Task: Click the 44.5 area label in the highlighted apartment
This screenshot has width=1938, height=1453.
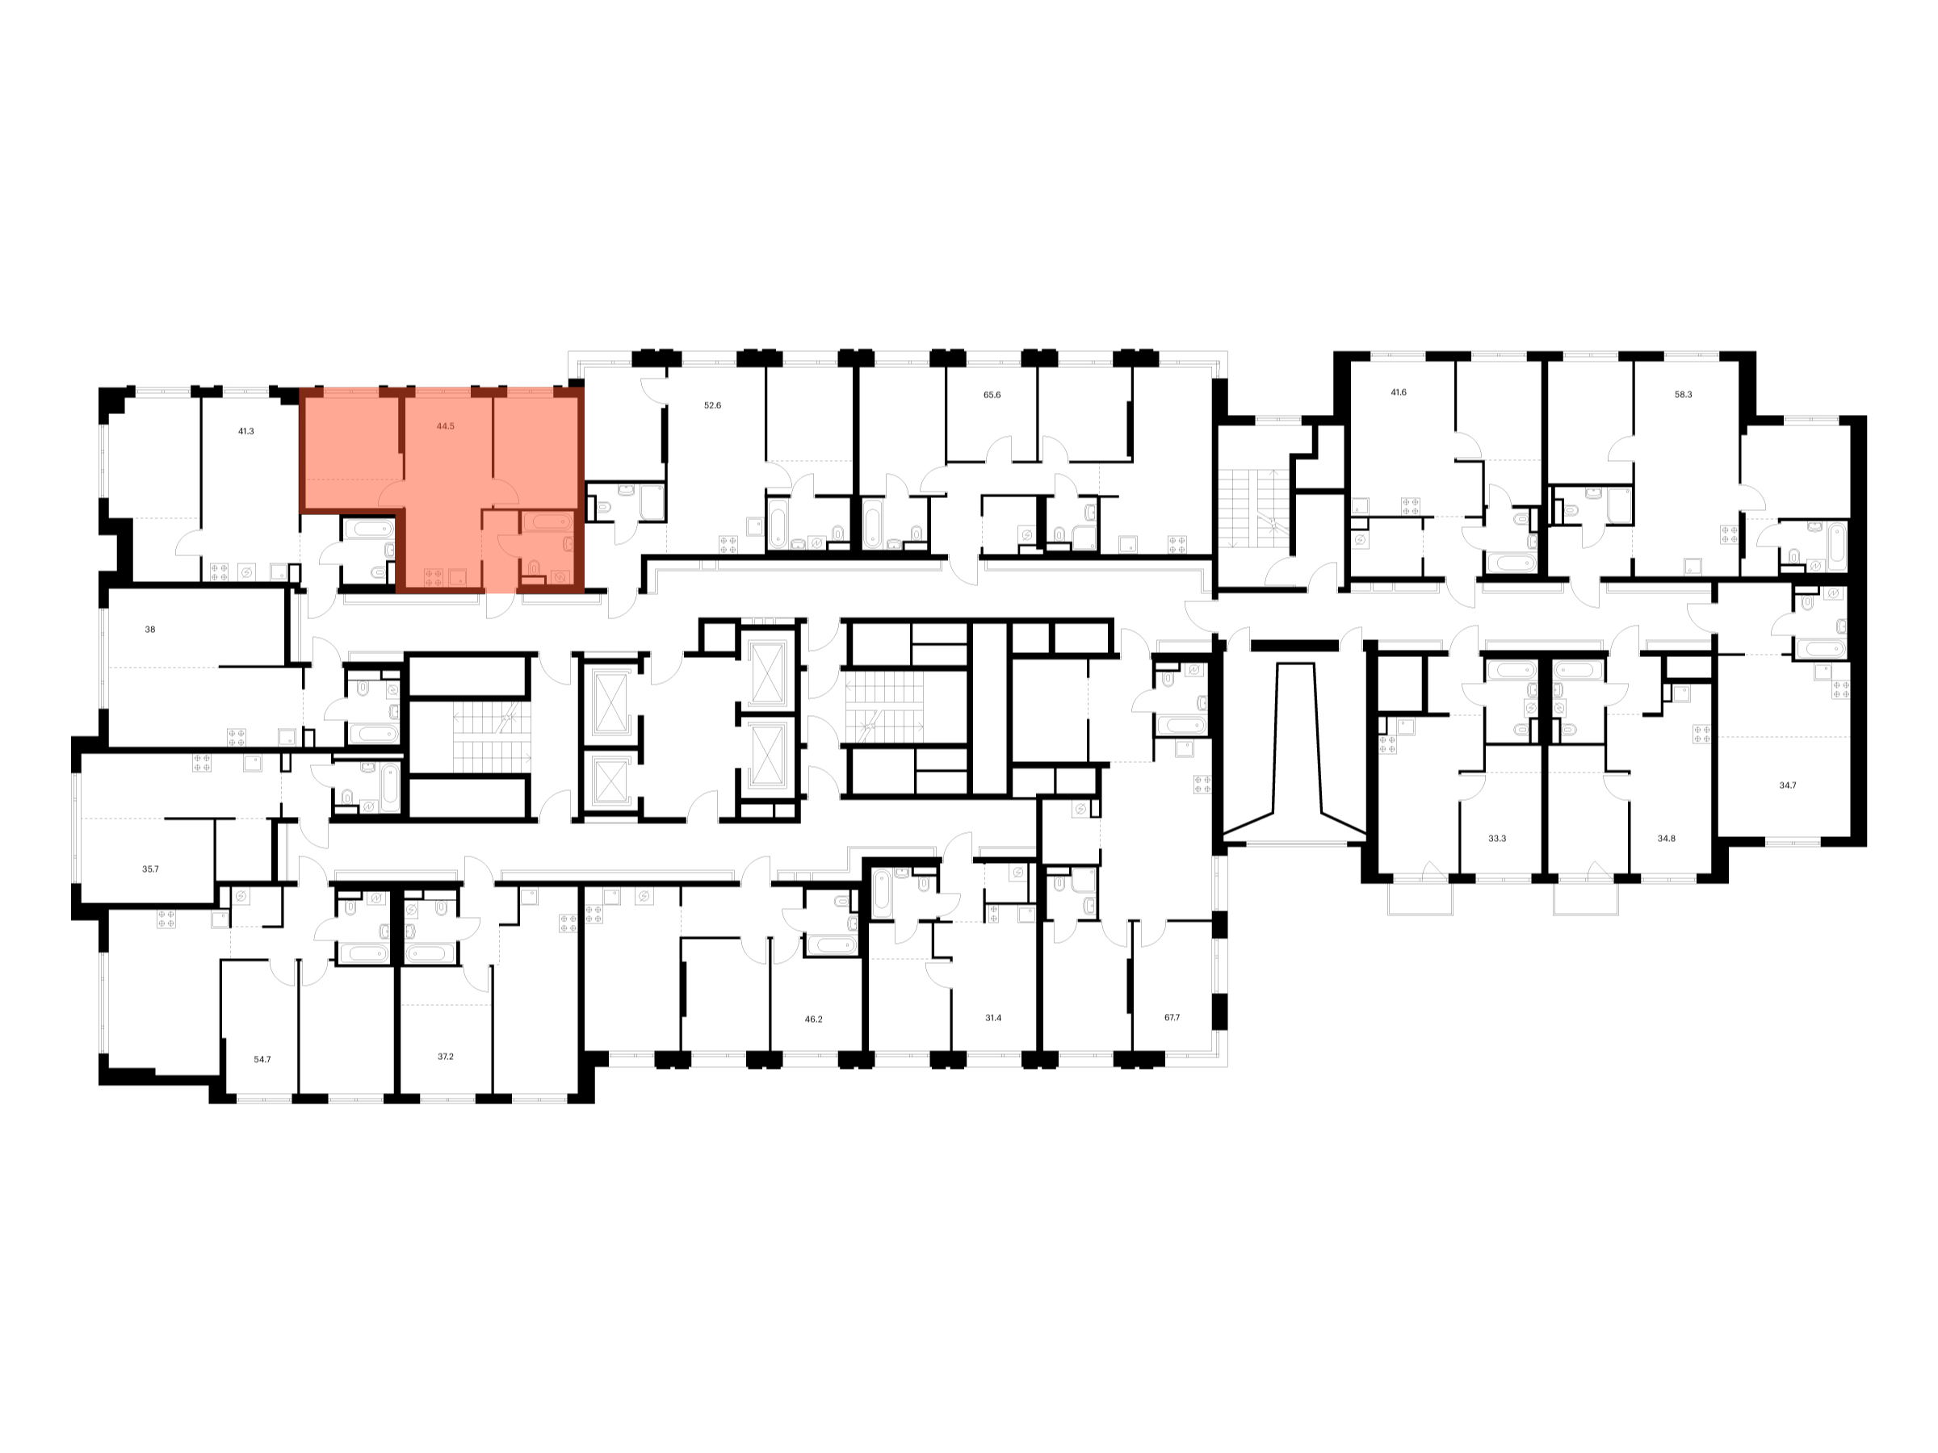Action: (445, 426)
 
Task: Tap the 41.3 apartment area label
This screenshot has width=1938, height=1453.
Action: (245, 432)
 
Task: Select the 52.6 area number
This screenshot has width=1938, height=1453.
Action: (712, 405)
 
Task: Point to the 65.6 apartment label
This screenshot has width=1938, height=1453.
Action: (992, 395)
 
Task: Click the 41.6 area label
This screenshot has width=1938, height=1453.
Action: (1399, 392)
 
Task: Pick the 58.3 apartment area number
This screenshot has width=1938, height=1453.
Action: (1683, 395)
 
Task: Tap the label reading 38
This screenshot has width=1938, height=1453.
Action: (150, 630)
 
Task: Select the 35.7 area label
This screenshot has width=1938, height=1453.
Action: (151, 869)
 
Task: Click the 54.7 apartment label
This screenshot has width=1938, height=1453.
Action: (262, 1060)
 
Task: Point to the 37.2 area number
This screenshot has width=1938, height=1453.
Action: (445, 1057)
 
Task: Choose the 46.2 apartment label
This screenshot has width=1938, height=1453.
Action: (813, 1020)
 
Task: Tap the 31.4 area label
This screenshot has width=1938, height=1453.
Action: (992, 1019)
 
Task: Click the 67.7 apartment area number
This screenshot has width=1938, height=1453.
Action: (1172, 1018)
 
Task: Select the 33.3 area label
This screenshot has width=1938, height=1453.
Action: (1497, 839)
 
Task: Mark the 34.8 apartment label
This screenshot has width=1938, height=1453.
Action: (1667, 839)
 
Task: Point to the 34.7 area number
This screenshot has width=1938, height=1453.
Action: (1787, 785)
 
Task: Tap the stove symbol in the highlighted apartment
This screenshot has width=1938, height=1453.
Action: (433, 577)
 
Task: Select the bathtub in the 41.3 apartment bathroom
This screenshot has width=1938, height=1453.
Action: (370, 529)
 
